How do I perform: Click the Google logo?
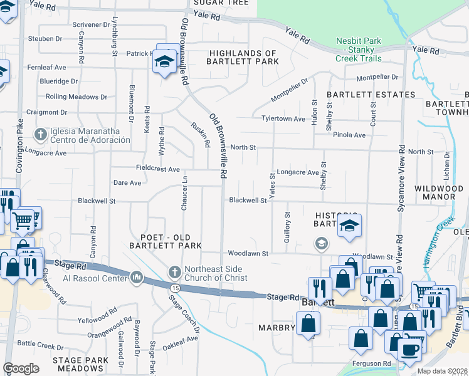(x=21, y=368)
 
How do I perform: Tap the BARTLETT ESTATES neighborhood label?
(x=371, y=95)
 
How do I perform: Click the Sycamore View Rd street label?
(x=400, y=188)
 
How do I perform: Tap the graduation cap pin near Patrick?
(x=165, y=61)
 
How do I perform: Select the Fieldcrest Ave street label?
(x=158, y=169)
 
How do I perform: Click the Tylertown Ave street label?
(x=283, y=118)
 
